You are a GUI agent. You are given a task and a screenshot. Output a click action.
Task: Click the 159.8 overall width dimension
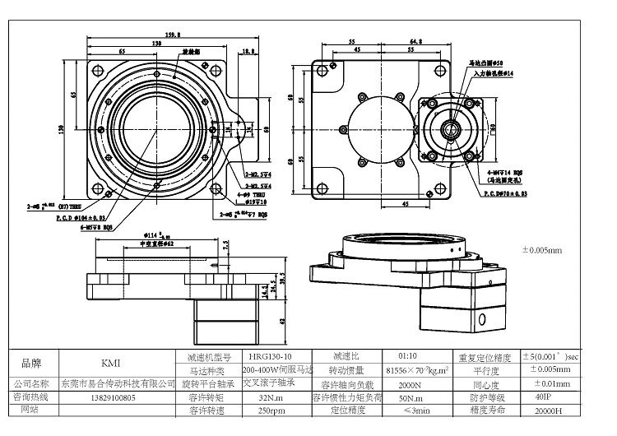point(150,35)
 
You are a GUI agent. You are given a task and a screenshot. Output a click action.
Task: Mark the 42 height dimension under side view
point(282,322)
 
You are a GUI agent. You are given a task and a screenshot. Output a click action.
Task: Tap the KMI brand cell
point(111,363)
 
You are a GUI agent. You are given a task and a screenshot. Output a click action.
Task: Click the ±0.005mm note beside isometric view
point(542,249)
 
